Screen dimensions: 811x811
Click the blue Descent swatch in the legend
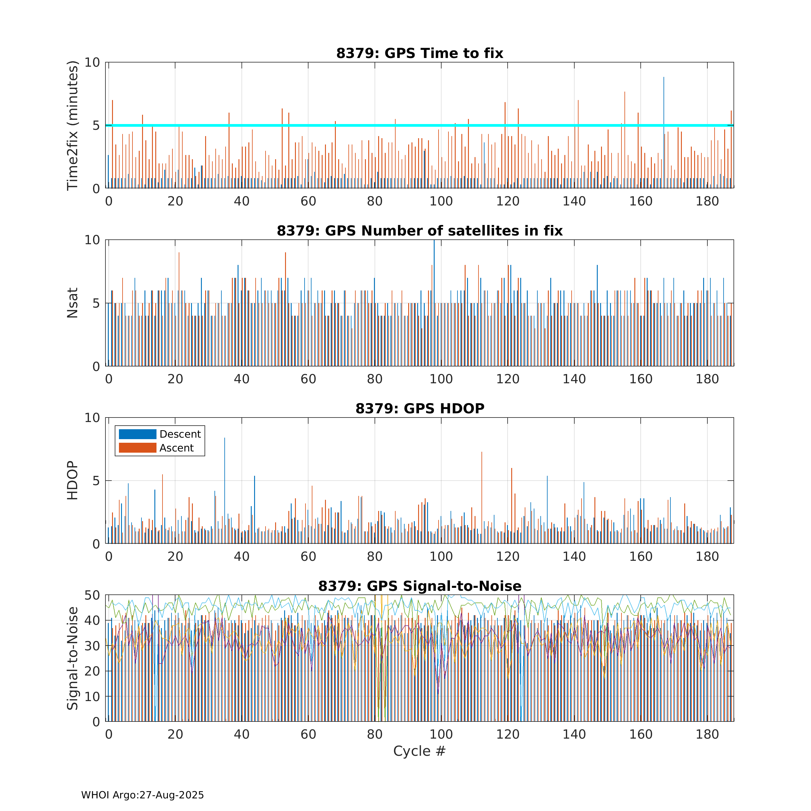(x=137, y=434)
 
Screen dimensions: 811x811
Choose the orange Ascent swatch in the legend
(x=137, y=448)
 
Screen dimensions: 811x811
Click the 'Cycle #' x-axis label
(x=419, y=751)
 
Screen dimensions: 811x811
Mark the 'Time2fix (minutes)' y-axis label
(x=73, y=125)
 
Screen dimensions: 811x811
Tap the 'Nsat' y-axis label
(x=73, y=303)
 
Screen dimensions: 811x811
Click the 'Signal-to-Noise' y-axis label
(x=73, y=658)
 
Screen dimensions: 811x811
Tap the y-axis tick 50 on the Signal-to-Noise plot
(x=92, y=595)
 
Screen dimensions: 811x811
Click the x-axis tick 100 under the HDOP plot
(x=441, y=557)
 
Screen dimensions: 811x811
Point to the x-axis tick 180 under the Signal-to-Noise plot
(x=707, y=734)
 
